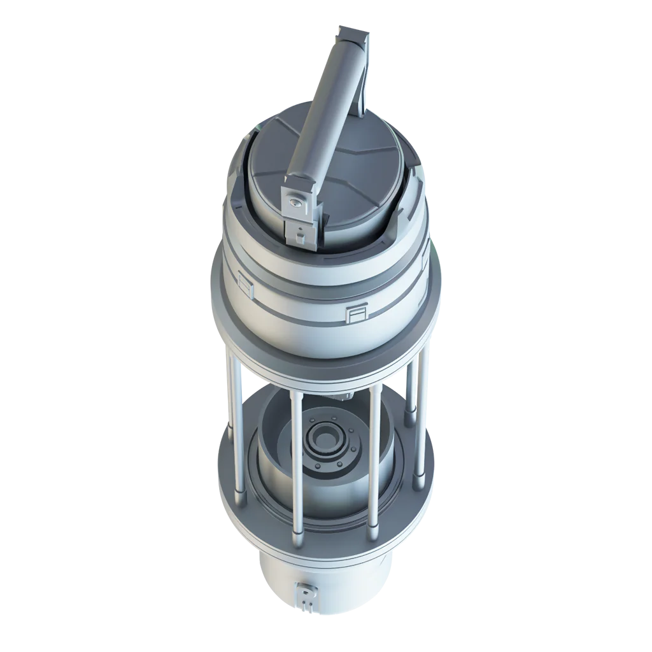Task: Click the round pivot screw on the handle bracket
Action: [x=295, y=203]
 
